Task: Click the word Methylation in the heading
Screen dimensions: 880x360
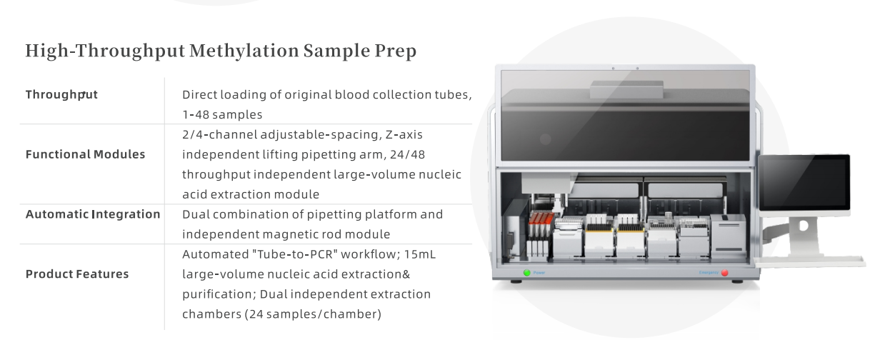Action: pyautogui.click(x=244, y=51)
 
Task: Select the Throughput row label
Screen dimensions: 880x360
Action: pyautogui.click(x=61, y=95)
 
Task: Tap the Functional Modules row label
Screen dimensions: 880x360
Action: pyautogui.click(x=85, y=154)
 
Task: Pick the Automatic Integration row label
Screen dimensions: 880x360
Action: pyautogui.click(x=93, y=214)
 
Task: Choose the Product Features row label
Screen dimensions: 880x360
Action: pyautogui.click(x=77, y=274)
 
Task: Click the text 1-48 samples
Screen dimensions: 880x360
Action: pyautogui.click(x=222, y=115)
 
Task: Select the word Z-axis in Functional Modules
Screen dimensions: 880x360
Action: pyautogui.click(x=404, y=135)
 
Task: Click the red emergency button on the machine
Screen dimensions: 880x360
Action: pyautogui.click(x=725, y=273)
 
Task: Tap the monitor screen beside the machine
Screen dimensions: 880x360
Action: pyautogui.click(x=804, y=183)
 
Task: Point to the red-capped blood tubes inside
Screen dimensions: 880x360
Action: pyautogui.click(x=541, y=224)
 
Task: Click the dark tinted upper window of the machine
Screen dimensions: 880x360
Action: pyautogui.click(x=626, y=116)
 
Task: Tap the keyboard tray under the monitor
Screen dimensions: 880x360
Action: pyautogui.click(x=809, y=261)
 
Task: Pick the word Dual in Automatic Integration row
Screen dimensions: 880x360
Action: pyautogui.click(x=196, y=214)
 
